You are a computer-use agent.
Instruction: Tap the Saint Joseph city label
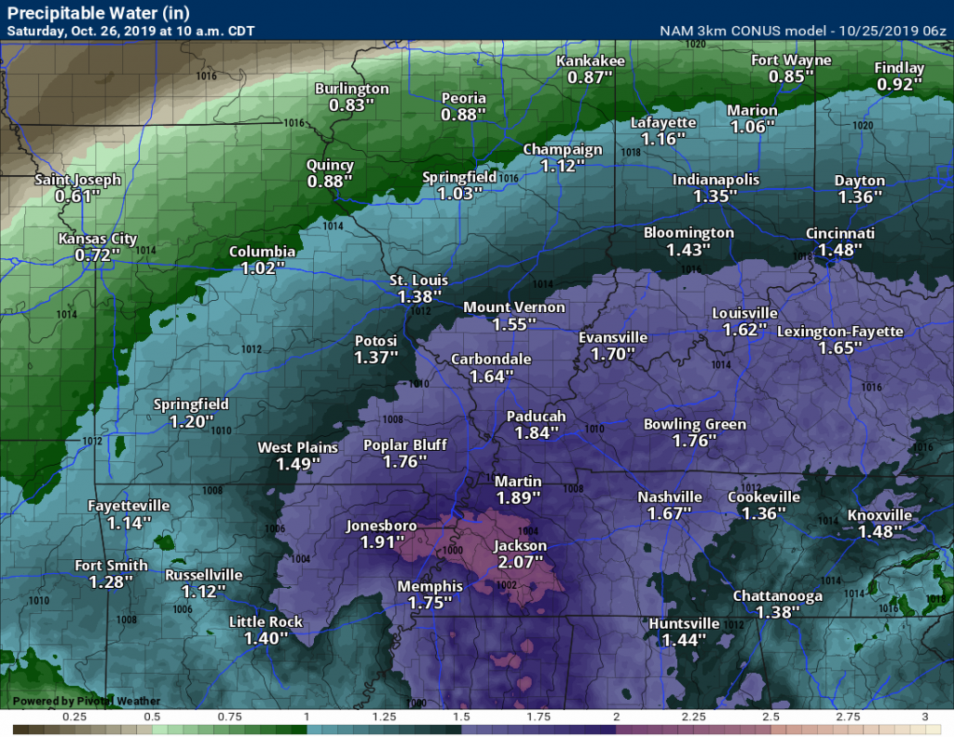coord(77,180)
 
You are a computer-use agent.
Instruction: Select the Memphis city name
coord(429,587)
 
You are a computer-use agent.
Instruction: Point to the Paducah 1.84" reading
coord(537,433)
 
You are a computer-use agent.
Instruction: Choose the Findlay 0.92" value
coord(899,84)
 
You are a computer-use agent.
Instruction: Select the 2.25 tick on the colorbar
coord(693,717)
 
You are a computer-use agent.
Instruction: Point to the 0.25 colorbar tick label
coord(74,717)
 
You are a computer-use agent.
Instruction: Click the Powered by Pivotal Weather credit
coord(86,701)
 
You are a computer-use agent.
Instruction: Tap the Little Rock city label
coord(266,622)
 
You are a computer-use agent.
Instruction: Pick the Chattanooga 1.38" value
coord(777,612)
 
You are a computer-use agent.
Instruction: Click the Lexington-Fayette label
coord(839,331)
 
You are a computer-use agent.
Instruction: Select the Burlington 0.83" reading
coord(351,105)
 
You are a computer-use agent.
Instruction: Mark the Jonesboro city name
coord(381,525)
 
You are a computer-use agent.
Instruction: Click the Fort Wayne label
coord(791,61)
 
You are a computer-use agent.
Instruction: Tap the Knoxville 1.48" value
coord(879,532)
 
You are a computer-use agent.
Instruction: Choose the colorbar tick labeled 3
coord(925,717)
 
